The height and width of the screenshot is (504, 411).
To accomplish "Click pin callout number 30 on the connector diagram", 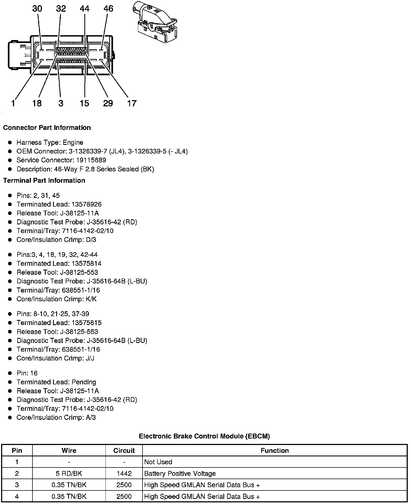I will (x=37, y=9).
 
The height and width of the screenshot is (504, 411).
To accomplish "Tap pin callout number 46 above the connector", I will (x=108, y=9).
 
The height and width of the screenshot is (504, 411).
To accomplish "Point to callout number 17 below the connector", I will (x=132, y=103).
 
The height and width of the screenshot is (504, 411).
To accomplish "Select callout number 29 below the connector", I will (x=108, y=103).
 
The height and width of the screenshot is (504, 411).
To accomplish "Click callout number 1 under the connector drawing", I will (x=13, y=103).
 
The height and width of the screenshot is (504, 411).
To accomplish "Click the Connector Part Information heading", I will (x=47, y=127).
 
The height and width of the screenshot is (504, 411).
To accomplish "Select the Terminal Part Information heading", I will (x=44, y=181).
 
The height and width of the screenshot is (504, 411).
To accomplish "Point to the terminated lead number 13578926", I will (x=87, y=204).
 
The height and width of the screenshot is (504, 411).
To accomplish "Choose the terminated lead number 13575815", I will (x=87, y=323).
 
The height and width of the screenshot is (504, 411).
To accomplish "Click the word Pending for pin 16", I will (x=84, y=382).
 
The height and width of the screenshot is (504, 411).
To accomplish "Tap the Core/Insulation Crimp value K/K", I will (x=91, y=299).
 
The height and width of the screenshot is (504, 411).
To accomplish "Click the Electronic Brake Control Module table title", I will (x=204, y=436).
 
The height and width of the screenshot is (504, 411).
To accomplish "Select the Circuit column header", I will (x=124, y=450).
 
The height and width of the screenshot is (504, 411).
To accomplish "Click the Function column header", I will (x=274, y=450).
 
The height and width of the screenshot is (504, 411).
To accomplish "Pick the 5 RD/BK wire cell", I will (x=69, y=473).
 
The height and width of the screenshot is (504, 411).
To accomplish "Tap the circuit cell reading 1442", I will (x=124, y=473).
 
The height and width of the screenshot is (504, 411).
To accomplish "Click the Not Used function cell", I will (x=158, y=462).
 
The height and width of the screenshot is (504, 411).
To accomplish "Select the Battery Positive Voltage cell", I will (x=180, y=473).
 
